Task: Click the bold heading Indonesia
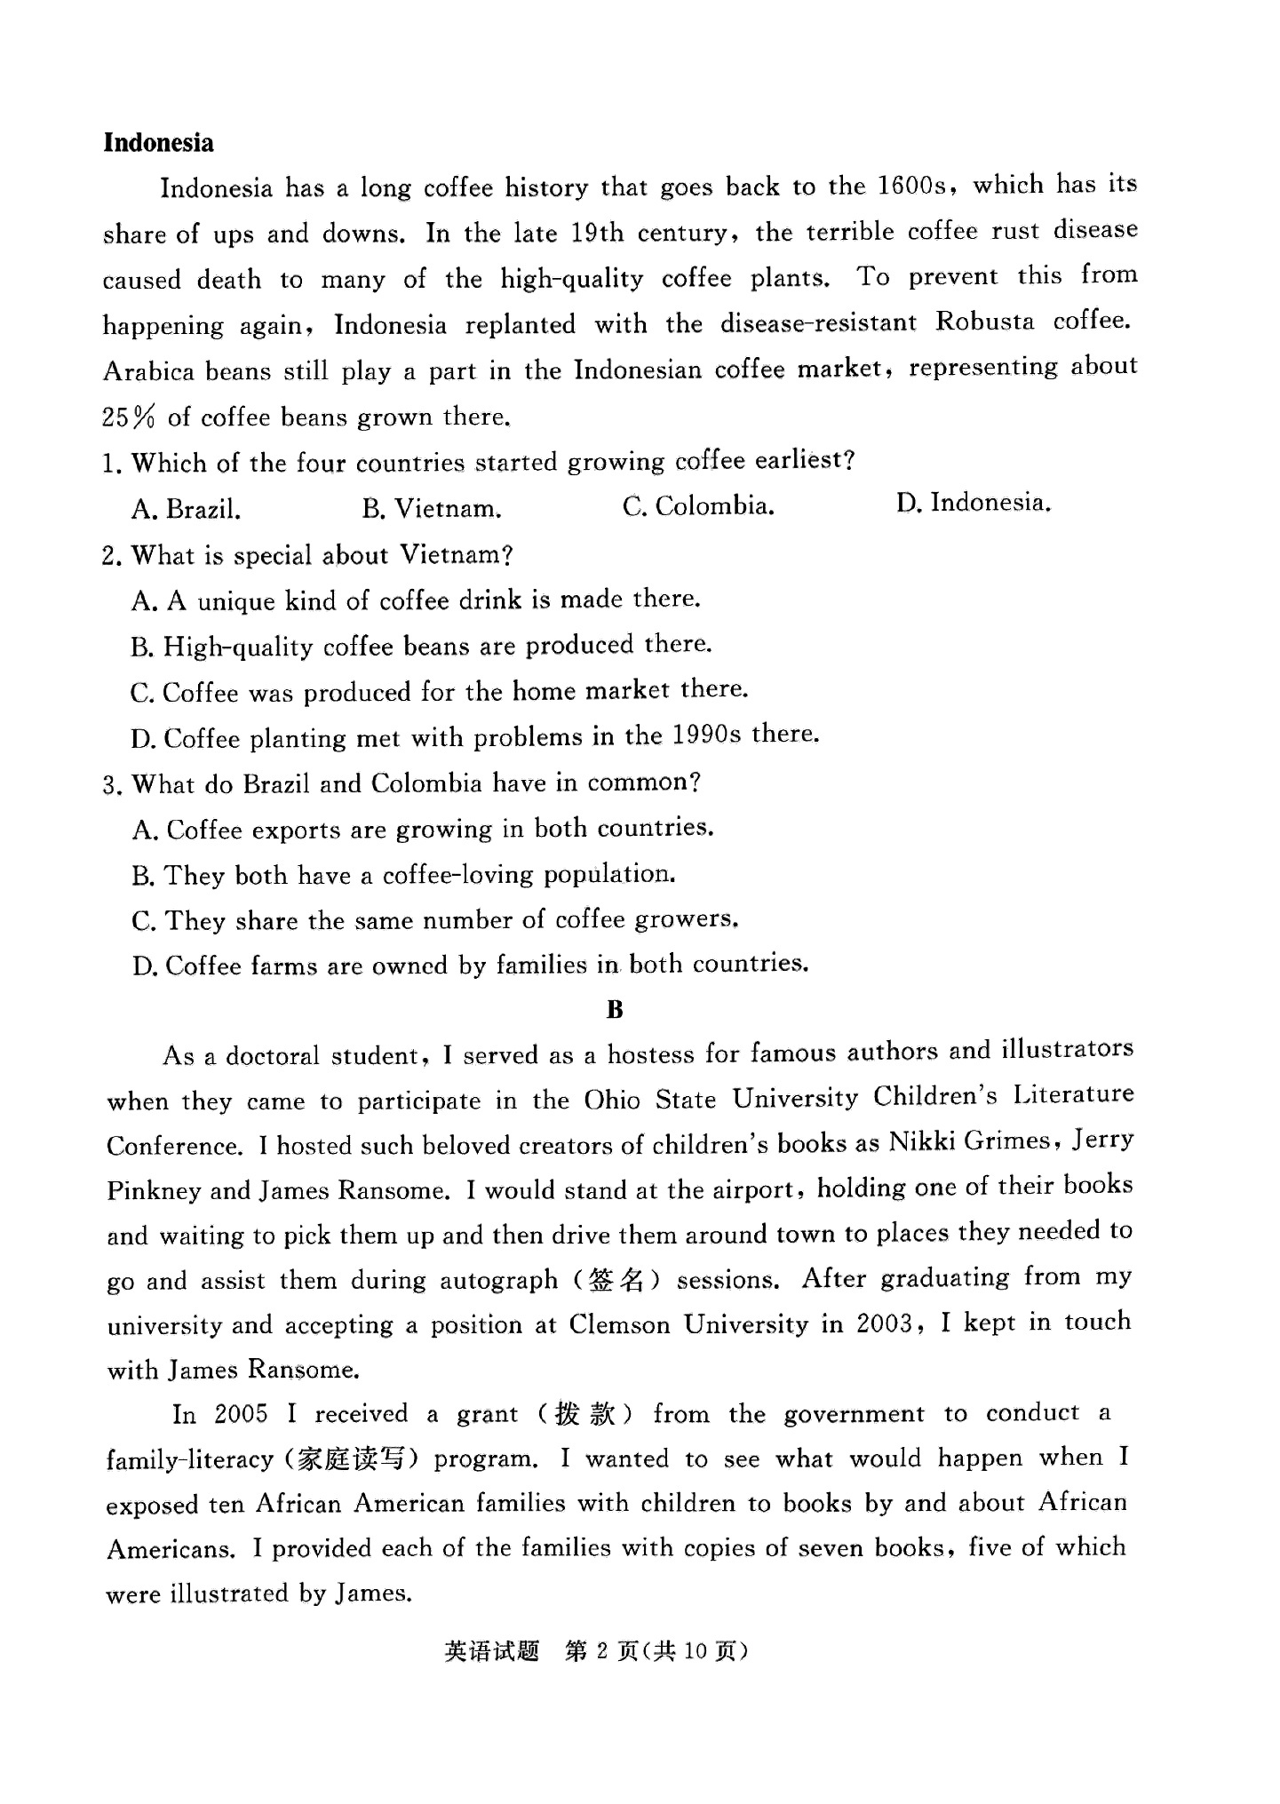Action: tap(158, 143)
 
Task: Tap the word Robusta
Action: tap(984, 322)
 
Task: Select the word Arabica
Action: tap(148, 370)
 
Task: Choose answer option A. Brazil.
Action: tap(187, 509)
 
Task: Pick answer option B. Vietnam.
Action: tap(432, 509)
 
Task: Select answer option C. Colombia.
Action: tap(698, 506)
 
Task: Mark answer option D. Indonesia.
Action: tap(974, 504)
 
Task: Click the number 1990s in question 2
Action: tap(706, 735)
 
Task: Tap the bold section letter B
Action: tap(615, 1010)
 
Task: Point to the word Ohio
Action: tap(612, 1101)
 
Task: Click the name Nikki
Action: tap(922, 1142)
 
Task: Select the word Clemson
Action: tap(619, 1325)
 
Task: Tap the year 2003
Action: tap(885, 1323)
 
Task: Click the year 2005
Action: tap(241, 1414)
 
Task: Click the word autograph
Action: tap(498, 1280)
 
